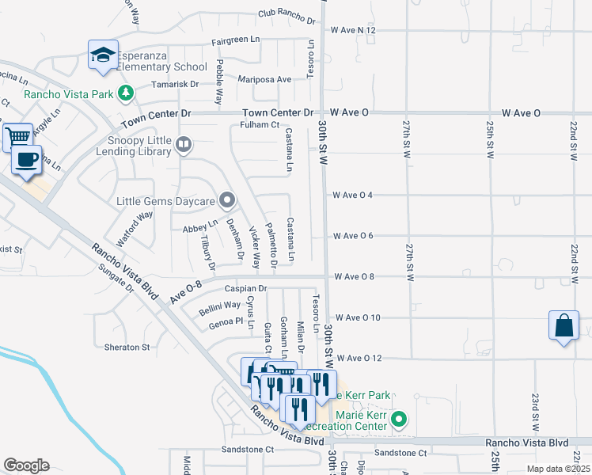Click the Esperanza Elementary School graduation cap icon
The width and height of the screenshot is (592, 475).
pos(103,55)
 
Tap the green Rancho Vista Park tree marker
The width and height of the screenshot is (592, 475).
pos(125,94)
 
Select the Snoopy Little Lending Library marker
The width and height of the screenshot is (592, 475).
pos(184,144)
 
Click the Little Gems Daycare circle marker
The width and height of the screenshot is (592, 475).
pos(227,199)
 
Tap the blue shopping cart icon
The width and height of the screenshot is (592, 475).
pos(17,137)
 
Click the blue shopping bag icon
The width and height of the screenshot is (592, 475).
pos(563,325)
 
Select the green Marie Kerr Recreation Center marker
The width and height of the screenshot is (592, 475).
pos(400,419)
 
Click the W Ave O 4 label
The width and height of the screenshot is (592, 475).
pos(353,195)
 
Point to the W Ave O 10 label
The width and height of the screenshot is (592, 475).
pos(358,317)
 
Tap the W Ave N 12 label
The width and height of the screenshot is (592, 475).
pos(353,30)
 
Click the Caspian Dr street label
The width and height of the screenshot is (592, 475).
pos(245,289)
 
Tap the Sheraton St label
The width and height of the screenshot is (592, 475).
pos(127,347)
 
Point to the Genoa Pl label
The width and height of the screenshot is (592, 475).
pos(226,322)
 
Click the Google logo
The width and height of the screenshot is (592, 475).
pos(26,465)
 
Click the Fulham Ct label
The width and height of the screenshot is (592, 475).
pos(260,124)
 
